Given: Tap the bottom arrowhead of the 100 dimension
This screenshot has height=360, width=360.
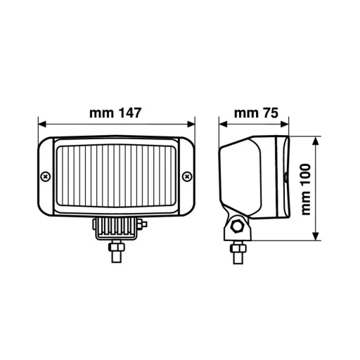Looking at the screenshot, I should coord(317,237).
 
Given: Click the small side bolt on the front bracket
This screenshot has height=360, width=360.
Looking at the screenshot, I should coord(143,224).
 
